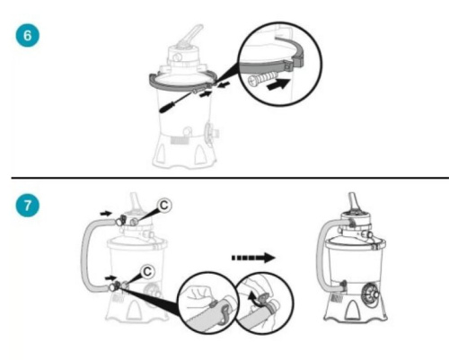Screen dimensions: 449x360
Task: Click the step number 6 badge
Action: (x=27, y=35)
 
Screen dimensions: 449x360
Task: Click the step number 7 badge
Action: (x=27, y=206)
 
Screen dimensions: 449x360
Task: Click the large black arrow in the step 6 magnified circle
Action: (x=278, y=84)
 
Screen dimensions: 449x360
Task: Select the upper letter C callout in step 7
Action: (x=164, y=206)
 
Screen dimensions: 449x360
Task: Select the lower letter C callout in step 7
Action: (x=147, y=271)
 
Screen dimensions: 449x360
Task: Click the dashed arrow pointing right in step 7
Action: (x=253, y=258)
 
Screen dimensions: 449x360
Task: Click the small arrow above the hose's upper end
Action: (x=106, y=214)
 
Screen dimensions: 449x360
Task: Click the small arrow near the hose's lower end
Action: (x=110, y=278)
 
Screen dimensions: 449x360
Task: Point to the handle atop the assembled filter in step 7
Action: (x=353, y=201)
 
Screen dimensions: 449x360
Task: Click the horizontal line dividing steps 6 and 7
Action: (x=230, y=178)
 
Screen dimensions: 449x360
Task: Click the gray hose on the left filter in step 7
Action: (x=84, y=254)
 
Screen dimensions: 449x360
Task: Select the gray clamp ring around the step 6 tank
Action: (x=182, y=83)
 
